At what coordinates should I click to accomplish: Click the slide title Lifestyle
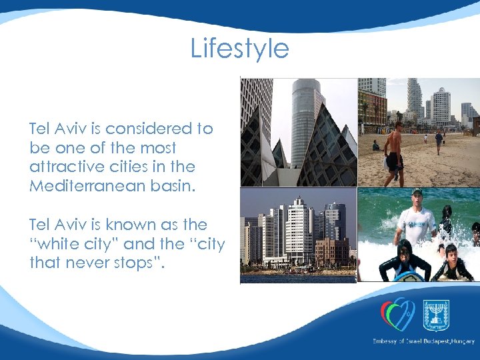(x=240, y=49)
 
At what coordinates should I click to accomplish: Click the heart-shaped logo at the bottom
(x=397, y=313)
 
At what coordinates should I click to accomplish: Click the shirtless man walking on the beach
(x=394, y=153)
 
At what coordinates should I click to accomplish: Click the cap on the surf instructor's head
(x=417, y=193)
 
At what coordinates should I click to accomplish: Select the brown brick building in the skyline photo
(x=332, y=251)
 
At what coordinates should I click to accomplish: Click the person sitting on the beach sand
(x=376, y=145)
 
